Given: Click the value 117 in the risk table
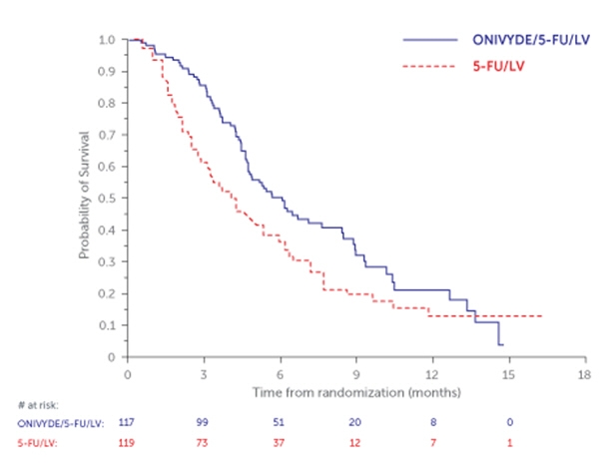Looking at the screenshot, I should point(127,424).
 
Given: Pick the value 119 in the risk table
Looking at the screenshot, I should point(127,442).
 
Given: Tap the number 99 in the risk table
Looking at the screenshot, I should point(204,424).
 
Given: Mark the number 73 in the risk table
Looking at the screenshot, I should point(204,442).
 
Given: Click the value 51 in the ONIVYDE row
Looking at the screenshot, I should point(280,424).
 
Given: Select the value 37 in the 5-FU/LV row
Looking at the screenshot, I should point(280,442).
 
